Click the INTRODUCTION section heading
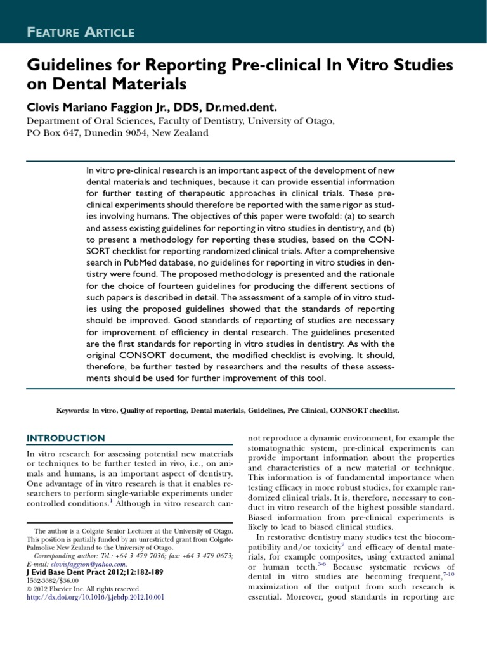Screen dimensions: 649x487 [65, 438]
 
